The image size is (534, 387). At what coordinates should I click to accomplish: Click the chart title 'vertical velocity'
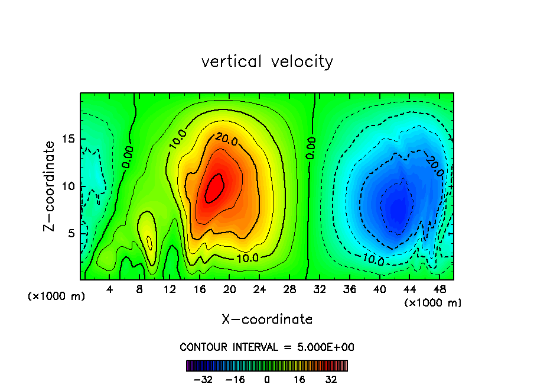pyautogui.click(x=267, y=62)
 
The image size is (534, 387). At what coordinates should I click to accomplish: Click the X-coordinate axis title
pyautogui.click(x=267, y=320)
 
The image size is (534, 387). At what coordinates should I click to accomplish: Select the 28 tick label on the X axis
pyautogui.click(x=289, y=290)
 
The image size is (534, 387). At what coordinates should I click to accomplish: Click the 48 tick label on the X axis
pyautogui.click(x=439, y=290)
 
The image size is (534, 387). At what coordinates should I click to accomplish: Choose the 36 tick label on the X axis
pyautogui.click(x=349, y=290)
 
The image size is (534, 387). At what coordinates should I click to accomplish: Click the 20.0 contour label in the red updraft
pyautogui.click(x=227, y=140)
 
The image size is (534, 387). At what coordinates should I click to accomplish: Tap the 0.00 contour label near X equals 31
pyautogui.click(x=311, y=147)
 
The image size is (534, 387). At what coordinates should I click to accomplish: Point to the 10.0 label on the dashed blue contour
pyautogui.click(x=374, y=259)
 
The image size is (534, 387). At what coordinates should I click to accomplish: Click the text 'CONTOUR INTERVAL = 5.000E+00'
pyautogui.click(x=267, y=347)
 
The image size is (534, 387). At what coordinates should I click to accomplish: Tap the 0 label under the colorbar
pyautogui.click(x=267, y=379)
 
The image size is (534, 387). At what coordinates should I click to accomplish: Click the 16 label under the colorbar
pyautogui.click(x=299, y=379)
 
